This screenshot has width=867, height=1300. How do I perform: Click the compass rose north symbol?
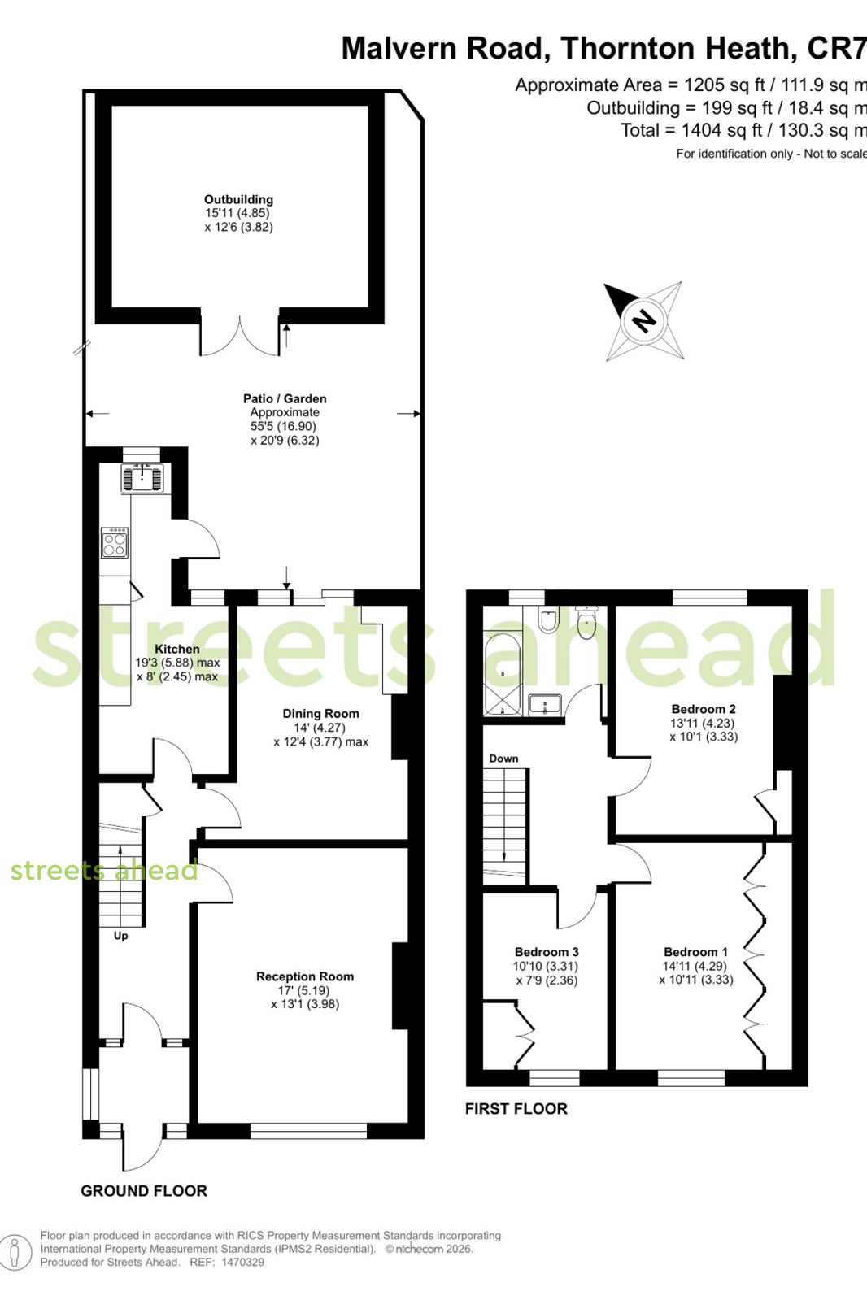pyautogui.click(x=643, y=320)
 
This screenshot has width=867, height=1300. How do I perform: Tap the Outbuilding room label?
pyautogui.click(x=238, y=200)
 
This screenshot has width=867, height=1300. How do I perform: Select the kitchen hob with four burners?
pyautogui.click(x=115, y=542)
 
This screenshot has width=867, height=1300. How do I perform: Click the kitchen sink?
pyautogui.click(x=142, y=478)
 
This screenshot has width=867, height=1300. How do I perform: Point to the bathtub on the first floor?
pyautogui.click(x=503, y=674)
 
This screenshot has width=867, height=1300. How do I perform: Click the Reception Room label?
pyautogui.click(x=305, y=976)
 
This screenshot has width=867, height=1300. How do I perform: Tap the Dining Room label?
pyautogui.click(x=320, y=714)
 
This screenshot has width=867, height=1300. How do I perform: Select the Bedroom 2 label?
pyautogui.click(x=704, y=709)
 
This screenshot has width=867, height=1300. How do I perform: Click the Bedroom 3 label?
pyautogui.click(x=547, y=952)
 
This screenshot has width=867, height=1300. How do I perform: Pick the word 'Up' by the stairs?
pyautogui.click(x=121, y=936)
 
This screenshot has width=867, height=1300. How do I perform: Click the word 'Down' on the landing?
pyautogui.click(x=503, y=759)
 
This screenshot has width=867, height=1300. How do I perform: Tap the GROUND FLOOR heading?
pyautogui.click(x=144, y=1191)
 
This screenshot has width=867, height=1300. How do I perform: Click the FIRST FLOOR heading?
pyautogui.click(x=516, y=1109)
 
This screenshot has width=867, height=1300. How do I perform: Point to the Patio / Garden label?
pyautogui.click(x=285, y=398)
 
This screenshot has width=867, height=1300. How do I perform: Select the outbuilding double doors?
pyautogui.click(x=239, y=337)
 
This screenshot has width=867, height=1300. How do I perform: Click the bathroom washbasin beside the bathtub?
pyautogui.click(x=545, y=705)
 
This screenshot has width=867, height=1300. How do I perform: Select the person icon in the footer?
pyautogui.click(x=15, y=1252)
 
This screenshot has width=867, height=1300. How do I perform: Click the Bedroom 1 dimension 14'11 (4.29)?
pyautogui.click(x=695, y=967)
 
